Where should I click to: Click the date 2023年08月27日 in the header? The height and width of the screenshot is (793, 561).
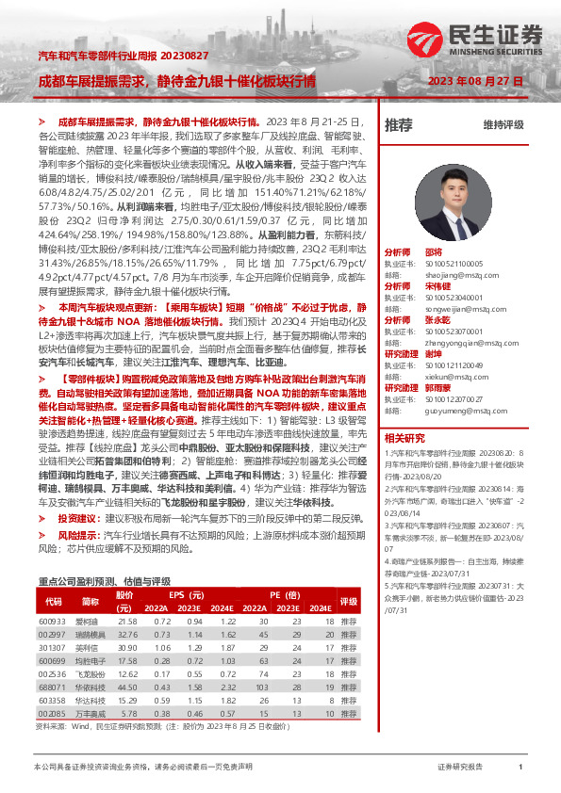pyautogui.click(x=475, y=81)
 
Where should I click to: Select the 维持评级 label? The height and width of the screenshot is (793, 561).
pyautogui.click(x=503, y=124)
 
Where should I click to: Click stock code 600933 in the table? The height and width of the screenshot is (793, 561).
pyautogui.click(x=53, y=596)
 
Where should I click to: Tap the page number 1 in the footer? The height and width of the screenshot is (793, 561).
pyautogui.click(x=520, y=768)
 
